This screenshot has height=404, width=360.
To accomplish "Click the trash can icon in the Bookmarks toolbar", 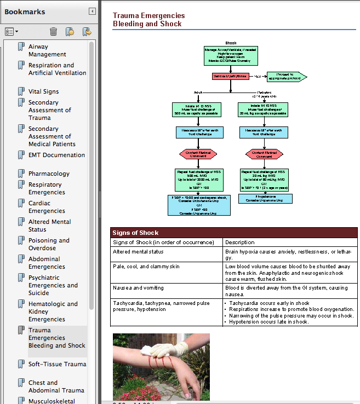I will (x=53, y=32).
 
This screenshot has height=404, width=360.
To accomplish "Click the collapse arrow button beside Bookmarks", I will (x=92, y=11).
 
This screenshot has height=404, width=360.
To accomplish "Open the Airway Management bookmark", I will (x=47, y=50).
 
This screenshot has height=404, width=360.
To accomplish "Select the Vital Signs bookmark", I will (x=43, y=91).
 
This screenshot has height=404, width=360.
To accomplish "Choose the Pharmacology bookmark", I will (x=49, y=174).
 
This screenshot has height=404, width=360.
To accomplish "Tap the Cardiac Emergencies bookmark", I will (x=47, y=207).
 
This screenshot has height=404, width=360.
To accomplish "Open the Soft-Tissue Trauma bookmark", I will (x=57, y=364).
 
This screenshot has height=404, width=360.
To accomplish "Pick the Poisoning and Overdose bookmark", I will (x=49, y=244).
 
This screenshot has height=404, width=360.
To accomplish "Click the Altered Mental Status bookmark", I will (x=49, y=226).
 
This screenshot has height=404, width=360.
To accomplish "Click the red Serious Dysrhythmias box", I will (x=230, y=76).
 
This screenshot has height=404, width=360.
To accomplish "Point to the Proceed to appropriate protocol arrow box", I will (x=285, y=76).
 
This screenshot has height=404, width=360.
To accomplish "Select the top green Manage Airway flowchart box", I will (x=231, y=56).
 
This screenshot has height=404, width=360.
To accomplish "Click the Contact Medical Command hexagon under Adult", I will (x=198, y=154).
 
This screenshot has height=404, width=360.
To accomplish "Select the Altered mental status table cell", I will (x=138, y=252).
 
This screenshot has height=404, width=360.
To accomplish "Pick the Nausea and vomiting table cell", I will (x=138, y=288).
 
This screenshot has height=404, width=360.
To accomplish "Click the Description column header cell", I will (x=240, y=242).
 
